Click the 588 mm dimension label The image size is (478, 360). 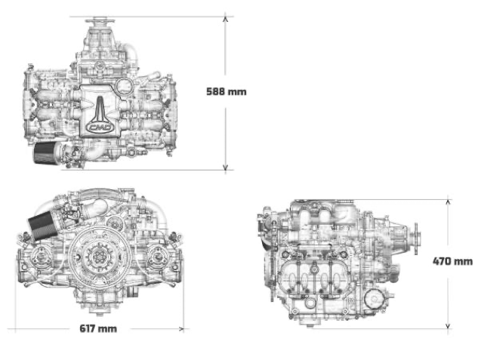click(227, 91)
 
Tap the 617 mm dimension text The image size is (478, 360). click(98, 328)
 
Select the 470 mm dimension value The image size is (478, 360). click(452, 261)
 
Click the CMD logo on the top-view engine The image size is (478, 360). click(100, 128)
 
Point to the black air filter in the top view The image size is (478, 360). click(44, 153)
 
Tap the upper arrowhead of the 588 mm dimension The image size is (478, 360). click(225, 19)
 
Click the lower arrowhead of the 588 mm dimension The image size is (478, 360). click(225, 168)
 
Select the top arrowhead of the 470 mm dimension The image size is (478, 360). click(448, 202)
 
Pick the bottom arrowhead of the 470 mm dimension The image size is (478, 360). click(448, 326)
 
